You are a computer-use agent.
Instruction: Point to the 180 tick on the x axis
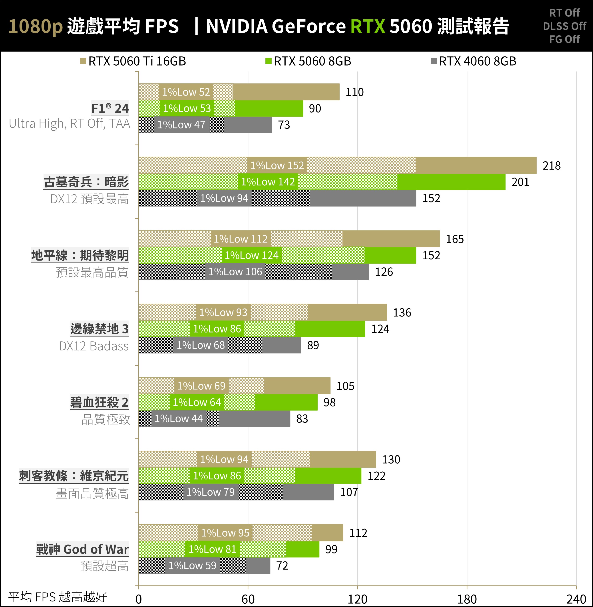pyautogui.click(x=467, y=599)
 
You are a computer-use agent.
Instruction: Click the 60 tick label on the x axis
pyautogui.click(x=248, y=599)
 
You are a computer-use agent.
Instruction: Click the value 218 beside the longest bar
pyautogui.click(x=551, y=165)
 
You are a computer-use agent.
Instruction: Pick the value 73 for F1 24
pyautogui.click(x=284, y=125)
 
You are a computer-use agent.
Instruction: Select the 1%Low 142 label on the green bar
pyautogui.click(x=268, y=182)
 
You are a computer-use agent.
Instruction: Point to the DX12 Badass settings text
pyautogui.click(x=94, y=346)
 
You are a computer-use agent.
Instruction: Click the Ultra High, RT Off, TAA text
pyautogui.click(x=69, y=123)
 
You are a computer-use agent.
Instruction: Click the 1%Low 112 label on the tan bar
pyautogui.click(x=241, y=239)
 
